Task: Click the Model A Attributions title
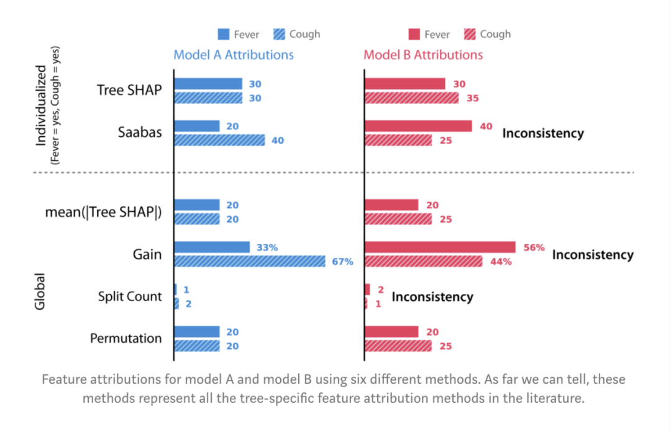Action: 234,55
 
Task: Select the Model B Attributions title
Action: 423,55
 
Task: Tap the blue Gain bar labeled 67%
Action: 249,261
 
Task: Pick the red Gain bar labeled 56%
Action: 440,247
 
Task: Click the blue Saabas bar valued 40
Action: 219,140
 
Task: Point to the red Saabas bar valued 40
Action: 418,126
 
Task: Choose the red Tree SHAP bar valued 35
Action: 411,98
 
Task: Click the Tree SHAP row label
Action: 129,90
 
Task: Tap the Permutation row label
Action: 126,339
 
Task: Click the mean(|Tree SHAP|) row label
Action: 103,212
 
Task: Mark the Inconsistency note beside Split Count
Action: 432,297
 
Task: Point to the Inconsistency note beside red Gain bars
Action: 593,254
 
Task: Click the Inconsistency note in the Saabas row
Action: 543,133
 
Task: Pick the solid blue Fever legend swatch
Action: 224,34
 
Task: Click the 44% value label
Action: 500,262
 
